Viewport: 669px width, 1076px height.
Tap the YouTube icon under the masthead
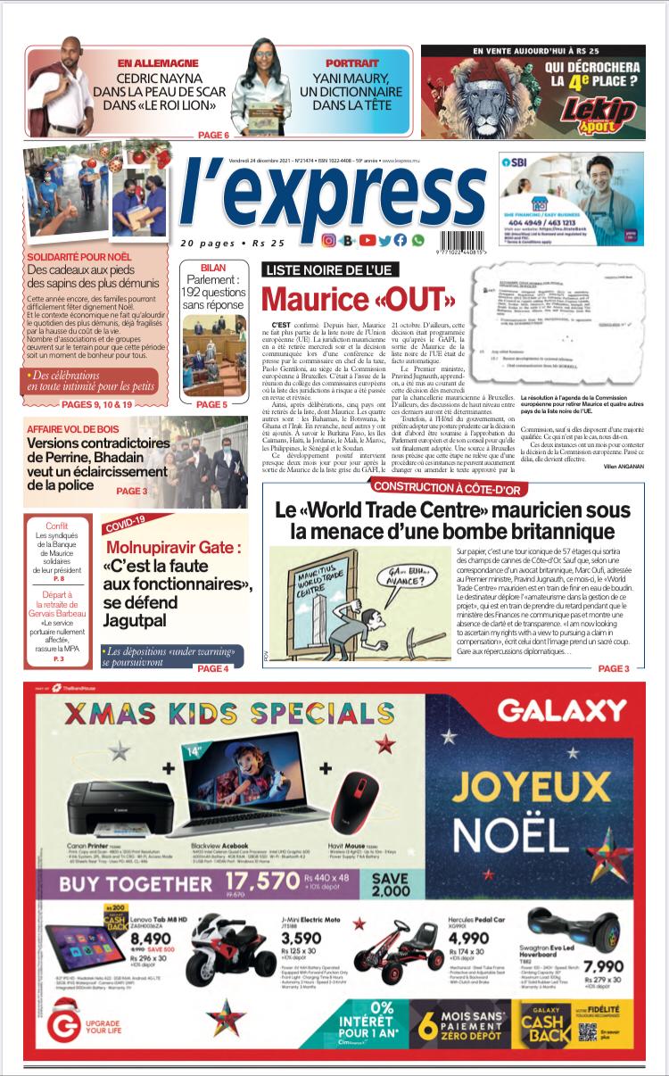pyautogui.click(x=367, y=240)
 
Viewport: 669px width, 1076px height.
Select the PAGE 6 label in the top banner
pyautogui.click(x=213, y=135)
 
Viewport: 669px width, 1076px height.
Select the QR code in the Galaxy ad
pyautogui.click(x=587, y=1032)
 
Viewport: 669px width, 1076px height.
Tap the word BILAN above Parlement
pyautogui.click(x=212, y=268)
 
